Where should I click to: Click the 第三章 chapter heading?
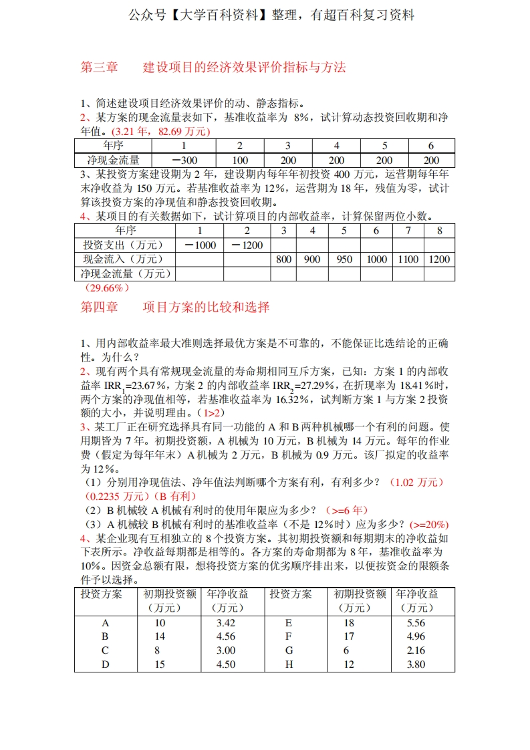point(99,68)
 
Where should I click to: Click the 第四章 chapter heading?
point(99,307)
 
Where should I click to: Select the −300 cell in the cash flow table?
point(185,160)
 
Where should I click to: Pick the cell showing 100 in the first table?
point(240,160)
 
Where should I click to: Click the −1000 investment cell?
point(200,245)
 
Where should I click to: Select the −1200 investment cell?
point(247,245)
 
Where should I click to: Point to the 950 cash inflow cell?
point(344,259)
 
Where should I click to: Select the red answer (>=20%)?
point(428,524)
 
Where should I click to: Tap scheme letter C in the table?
point(105,650)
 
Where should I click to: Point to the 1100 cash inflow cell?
point(407,259)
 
